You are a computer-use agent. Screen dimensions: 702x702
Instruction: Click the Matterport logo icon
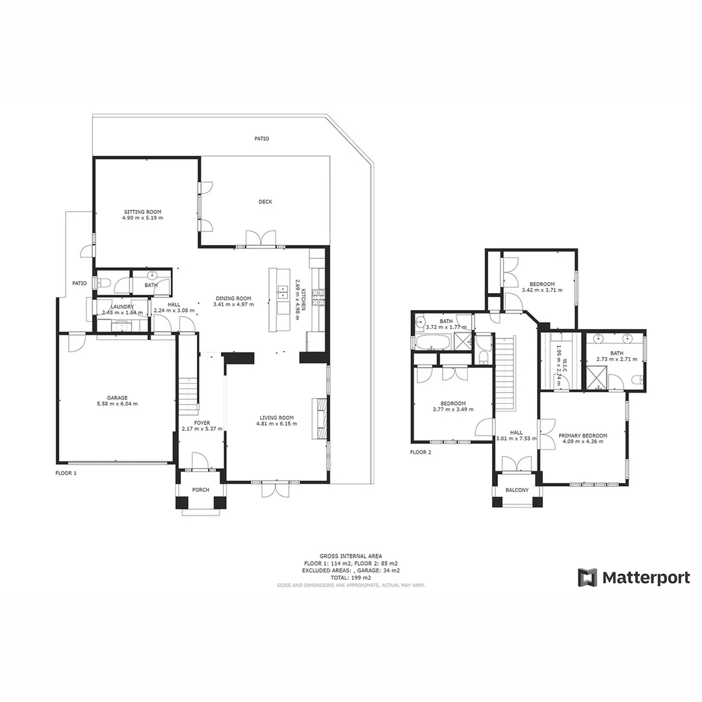[588, 577]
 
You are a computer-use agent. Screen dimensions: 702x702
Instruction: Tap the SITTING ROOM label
[142, 212]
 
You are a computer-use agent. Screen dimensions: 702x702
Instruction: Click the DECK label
[265, 202]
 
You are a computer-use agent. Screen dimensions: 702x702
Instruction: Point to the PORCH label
[201, 489]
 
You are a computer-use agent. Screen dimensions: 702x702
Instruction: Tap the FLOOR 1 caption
[66, 473]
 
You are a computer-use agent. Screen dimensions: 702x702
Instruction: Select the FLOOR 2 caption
[421, 452]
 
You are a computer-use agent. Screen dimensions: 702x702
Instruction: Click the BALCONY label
[517, 490]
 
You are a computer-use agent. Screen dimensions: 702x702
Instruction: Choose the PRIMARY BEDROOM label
[582, 435]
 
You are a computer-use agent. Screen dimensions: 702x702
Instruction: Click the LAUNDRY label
[122, 307]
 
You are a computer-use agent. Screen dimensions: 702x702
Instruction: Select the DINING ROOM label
[234, 298]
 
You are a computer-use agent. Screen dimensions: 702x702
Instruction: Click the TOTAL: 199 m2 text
[351, 577]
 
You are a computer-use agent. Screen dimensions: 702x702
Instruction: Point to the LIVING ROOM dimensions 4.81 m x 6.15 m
[276, 424]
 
